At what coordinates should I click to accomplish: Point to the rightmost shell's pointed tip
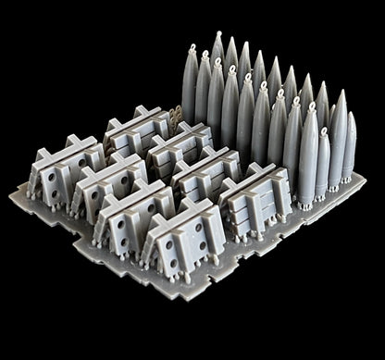(x=350, y=116)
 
